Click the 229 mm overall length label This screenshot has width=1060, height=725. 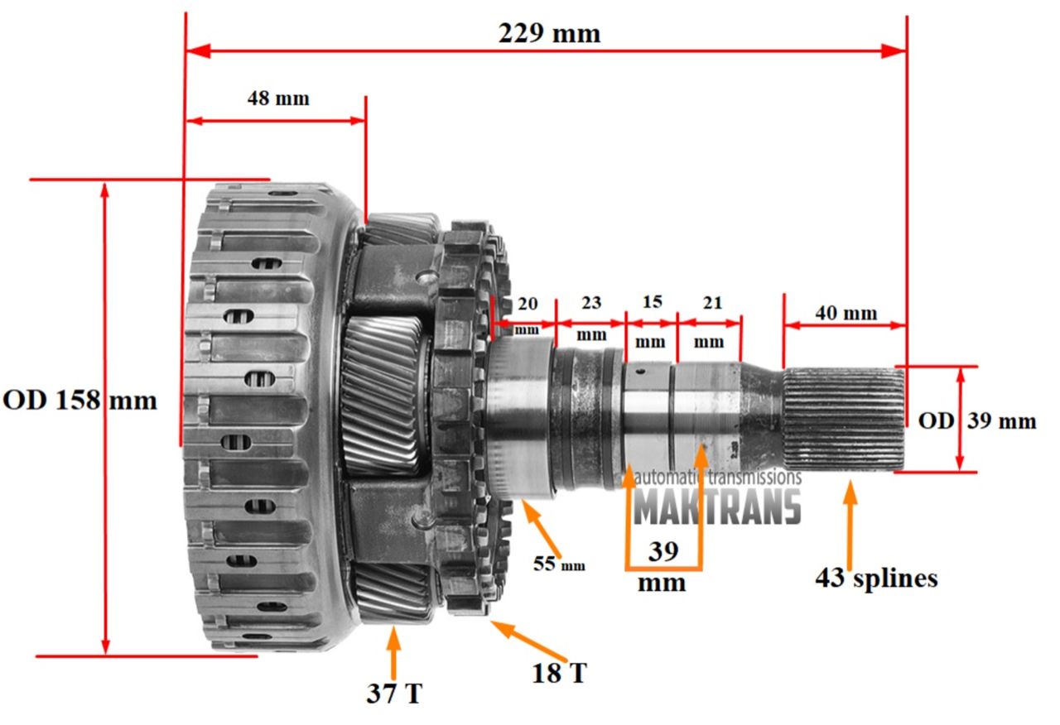[548, 34]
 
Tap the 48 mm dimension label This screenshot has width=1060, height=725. [278, 98]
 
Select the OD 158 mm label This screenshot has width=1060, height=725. [79, 401]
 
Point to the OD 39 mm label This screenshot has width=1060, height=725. [976, 421]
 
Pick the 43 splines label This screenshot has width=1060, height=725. [876, 578]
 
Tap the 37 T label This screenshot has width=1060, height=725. [394, 693]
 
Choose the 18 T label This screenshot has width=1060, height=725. [560, 673]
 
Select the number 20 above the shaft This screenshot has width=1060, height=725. [527, 302]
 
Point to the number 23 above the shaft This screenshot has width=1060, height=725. [590, 302]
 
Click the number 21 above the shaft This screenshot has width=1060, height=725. [712, 302]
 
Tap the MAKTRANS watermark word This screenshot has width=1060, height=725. [717, 507]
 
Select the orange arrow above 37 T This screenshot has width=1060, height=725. [393, 653]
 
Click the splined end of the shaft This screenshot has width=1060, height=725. [843, 420]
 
